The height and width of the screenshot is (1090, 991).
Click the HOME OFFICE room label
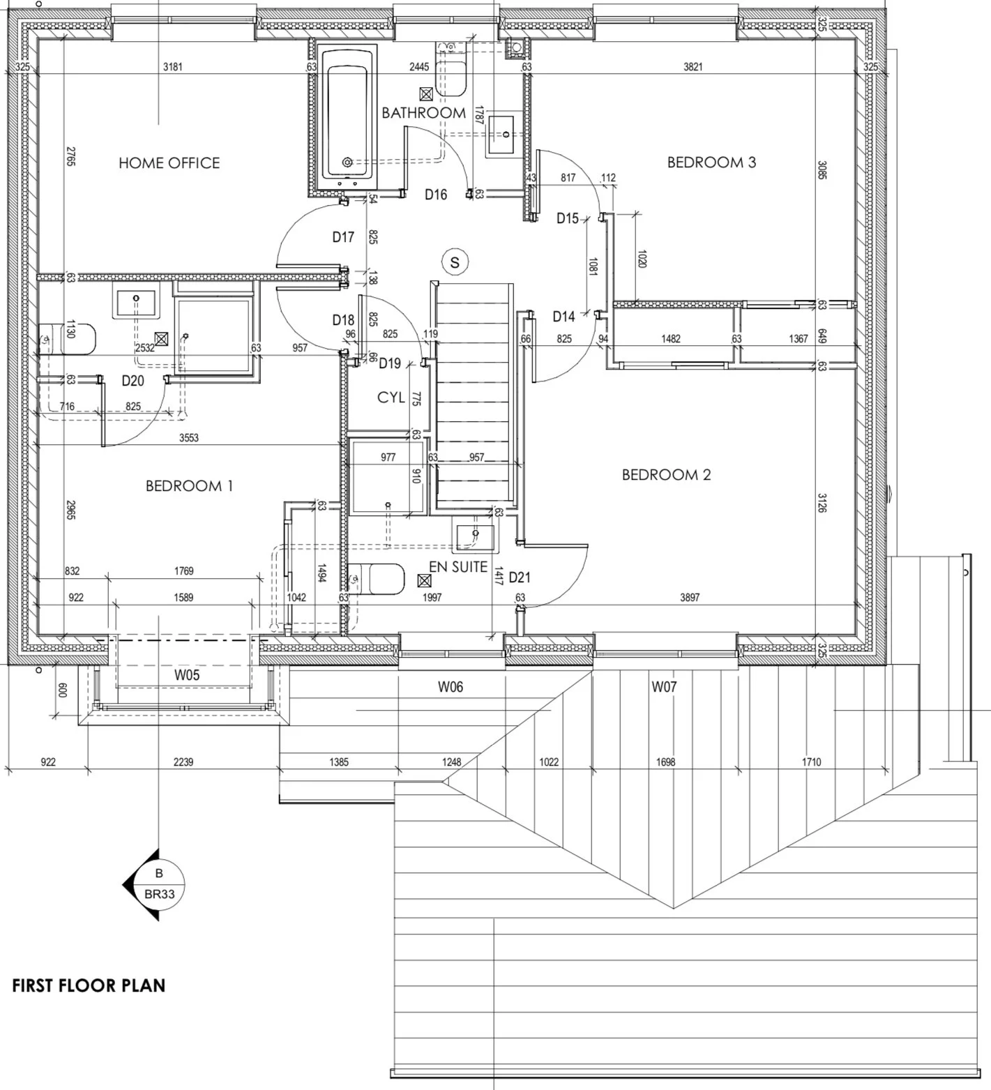point(169,163)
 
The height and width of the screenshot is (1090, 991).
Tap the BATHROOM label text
point(423,113)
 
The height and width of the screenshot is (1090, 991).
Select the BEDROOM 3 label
point(711,162)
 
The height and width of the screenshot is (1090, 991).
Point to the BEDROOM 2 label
point(666,475)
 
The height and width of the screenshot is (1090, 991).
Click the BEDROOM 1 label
point(189,486)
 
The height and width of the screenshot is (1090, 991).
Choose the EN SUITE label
point(458,567)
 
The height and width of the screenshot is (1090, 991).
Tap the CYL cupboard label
point(391,398)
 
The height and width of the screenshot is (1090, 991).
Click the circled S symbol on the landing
point(455,262)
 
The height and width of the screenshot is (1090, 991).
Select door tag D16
point(436,195)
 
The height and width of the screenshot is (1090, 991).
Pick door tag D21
point(520,577)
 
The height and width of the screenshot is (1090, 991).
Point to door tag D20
point(133,381)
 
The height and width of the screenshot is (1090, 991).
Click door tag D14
point(563,317)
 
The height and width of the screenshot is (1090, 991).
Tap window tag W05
point(187,675)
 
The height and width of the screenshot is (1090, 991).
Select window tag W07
point(664,687)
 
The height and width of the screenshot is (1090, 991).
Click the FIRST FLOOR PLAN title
point(89,985)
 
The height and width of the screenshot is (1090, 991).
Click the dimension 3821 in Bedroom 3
point(693,67)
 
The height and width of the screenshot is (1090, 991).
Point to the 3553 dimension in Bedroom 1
point(188,438)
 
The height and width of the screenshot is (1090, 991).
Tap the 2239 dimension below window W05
point(183,762)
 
